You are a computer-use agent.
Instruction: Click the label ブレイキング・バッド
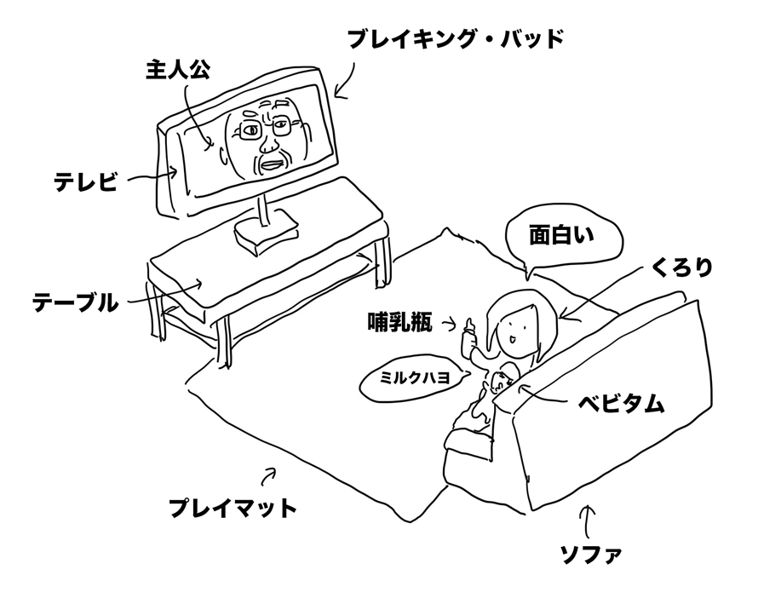tap(457, 38)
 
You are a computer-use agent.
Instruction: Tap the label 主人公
tap(175, 71)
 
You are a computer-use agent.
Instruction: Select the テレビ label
tap(85, 181)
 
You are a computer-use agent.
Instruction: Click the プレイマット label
tap(232, 509)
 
